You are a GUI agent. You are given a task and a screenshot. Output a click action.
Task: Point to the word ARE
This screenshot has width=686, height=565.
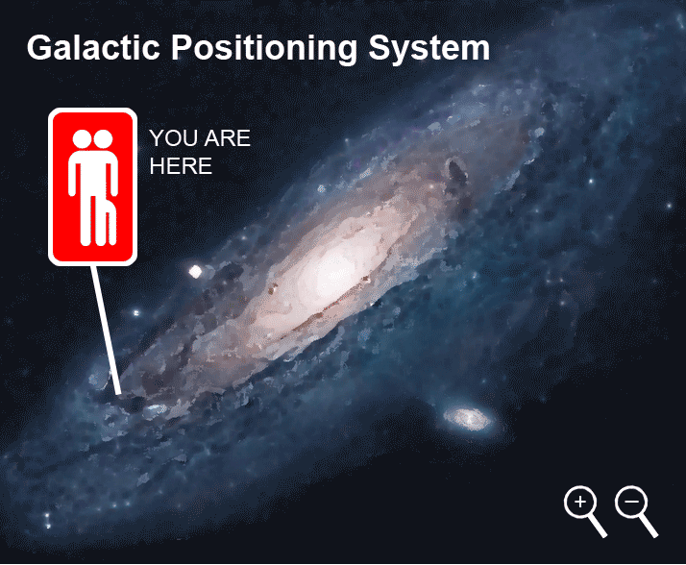pyautogui.click(x=229, y=138)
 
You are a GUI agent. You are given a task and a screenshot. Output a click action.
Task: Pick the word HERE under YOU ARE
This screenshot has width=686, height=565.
pyautogui.click(x=181, y=165)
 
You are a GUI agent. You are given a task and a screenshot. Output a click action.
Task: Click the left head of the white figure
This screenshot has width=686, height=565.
pyautogui.click(x=81, y=140)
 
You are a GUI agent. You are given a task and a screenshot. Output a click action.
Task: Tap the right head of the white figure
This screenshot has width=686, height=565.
pyautogui.click(x=102, y=140)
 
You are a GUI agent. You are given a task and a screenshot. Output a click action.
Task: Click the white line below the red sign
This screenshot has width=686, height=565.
pyautogui.click(x=105, y=327)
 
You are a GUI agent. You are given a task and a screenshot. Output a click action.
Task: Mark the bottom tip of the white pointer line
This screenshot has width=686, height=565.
pyautogui.click(x=118, y=392)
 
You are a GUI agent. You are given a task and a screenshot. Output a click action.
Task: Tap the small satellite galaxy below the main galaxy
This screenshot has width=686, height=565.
pyautogui.click(x=470, y=418)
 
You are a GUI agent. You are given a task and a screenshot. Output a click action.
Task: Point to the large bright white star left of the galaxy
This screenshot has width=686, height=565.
pyautogui.click(x=196, y=272)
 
